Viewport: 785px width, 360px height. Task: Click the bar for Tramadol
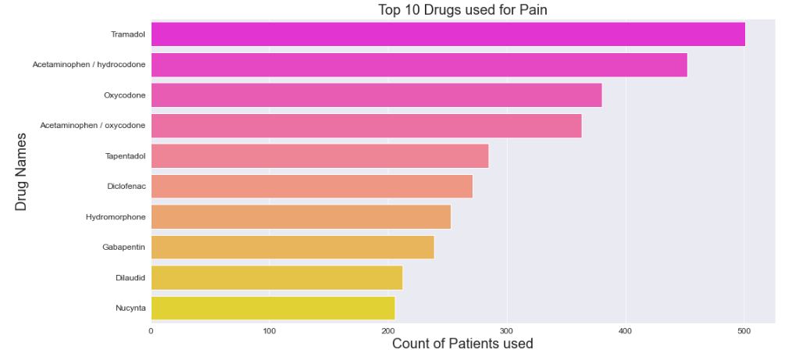[448, 34]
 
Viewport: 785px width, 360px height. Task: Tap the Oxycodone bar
[376, 95]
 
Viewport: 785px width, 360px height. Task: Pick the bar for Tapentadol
[319, 156]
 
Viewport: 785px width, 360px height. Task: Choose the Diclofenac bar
[312, 187]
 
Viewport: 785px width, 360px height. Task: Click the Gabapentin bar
[292, 248]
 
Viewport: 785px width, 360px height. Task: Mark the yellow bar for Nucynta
[273, 308]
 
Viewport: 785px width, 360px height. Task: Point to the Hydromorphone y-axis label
[116, 217]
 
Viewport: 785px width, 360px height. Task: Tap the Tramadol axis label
[128, 34]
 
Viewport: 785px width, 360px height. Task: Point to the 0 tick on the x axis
[151, 331]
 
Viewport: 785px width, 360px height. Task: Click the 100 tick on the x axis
[269, 331]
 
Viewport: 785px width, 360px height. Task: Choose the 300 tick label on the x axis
[507, 331]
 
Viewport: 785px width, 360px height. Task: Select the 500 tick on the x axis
[744, 331]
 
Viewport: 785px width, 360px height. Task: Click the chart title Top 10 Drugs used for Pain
[467, 9]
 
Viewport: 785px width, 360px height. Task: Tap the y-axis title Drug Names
[21, 171]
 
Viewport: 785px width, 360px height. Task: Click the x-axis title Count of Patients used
[462, 344]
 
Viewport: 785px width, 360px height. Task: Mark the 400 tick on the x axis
[626, 331]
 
